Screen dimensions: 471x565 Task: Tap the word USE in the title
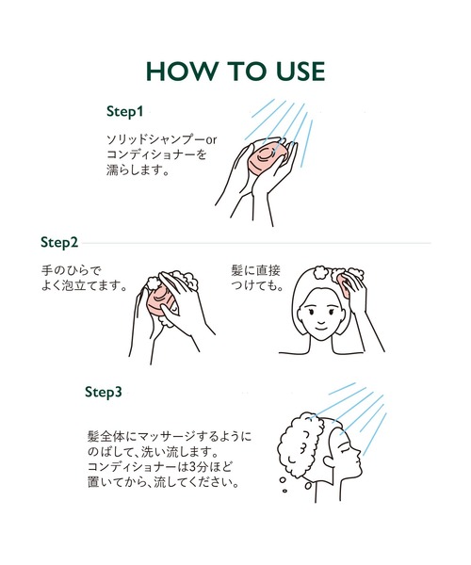300,71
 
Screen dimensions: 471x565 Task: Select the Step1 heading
124,112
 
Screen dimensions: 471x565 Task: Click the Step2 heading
59,243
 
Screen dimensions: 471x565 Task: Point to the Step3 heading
104,392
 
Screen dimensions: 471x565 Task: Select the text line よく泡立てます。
85,285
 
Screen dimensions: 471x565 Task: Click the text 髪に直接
255,270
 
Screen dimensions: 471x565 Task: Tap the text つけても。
257,285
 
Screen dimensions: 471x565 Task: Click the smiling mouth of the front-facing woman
320,328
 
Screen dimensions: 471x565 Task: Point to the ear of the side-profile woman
330,460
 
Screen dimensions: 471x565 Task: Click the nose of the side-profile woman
359,454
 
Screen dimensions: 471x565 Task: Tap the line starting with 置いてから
163,482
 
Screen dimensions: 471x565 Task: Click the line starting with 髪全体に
170,436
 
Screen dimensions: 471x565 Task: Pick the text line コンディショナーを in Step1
156,154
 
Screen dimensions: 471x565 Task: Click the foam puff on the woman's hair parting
320,272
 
